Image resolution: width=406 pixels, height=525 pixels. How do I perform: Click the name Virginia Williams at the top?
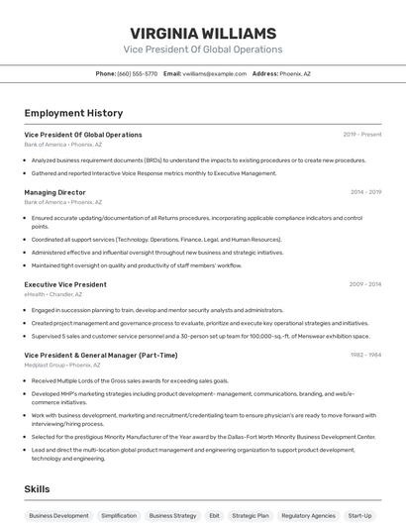(x=203, y=33)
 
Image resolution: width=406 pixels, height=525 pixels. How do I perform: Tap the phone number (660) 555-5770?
(x=137, y=73)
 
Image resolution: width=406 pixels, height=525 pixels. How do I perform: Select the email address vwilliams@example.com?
(x=211, y=73)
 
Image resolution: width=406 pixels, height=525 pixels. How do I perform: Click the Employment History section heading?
(x=73, y=113)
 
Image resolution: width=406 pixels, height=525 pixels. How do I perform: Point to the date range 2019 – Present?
(x=362, y=135)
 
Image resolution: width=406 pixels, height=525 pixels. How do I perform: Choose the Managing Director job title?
(x=54, y=192)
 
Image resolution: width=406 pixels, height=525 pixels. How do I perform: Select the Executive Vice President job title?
(x=65, y=284)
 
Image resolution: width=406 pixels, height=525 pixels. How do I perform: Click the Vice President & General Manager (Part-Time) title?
(x=101, y=355)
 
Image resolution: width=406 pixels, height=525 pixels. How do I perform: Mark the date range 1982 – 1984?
(x=365, y=355)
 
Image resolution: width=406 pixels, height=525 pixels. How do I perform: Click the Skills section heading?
(x=37, y=489)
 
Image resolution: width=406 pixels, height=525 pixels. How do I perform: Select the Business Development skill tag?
(x=58, y=515)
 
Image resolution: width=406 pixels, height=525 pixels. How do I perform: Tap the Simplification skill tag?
(x=119, y=515)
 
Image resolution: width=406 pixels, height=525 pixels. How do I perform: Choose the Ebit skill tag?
(x=214, y=515)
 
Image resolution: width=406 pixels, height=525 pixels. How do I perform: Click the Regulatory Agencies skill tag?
(x=308, y=515)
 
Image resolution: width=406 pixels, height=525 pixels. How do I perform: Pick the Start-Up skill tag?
(x=359, y=515)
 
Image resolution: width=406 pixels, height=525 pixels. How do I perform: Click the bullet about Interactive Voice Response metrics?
(x=153, y=173)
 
